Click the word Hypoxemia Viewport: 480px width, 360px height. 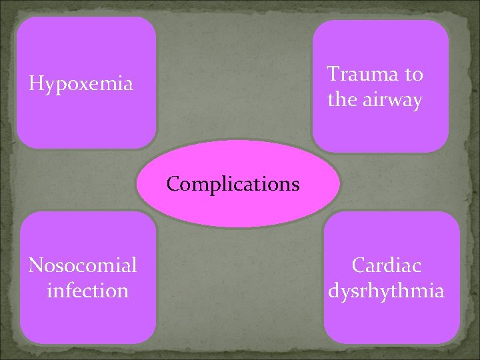click(x=81, y=85)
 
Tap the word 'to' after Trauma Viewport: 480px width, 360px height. click(x=413, y=75)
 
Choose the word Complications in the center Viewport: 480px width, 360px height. click(x=233, y=184)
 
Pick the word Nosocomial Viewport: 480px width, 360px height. click(x=83, y=265)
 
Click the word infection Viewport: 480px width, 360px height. click(x=88, y=291)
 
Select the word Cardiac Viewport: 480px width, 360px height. click(x=387, y=265)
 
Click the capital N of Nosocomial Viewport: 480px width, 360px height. click(x=36, y=265)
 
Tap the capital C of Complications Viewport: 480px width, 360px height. click(x=173, y=183)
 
